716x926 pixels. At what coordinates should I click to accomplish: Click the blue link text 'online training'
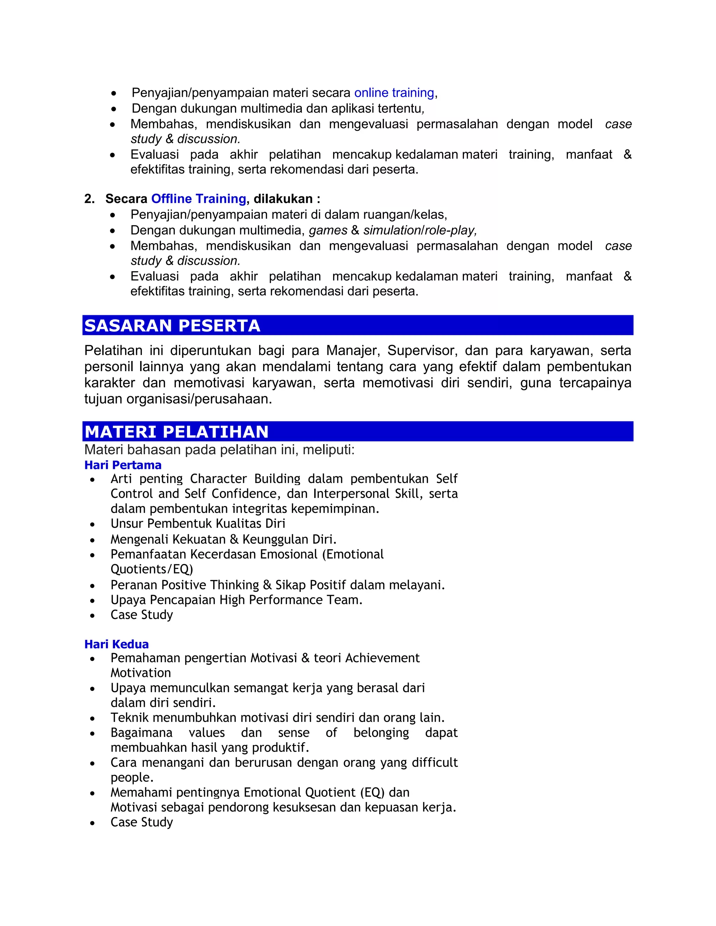coord(394,93)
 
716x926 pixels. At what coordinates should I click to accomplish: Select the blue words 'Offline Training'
coord(199,198)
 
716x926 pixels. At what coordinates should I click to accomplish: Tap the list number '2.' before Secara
coord(89,198)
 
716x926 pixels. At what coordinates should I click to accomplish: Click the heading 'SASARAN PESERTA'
coord(172,326)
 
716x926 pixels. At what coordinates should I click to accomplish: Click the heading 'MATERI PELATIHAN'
coord(177,432)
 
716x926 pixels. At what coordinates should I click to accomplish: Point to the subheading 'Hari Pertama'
coord(123,465)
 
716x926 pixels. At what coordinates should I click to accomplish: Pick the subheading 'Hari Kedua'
coord(117,644)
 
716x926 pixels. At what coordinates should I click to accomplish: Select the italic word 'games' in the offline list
coord(328,230)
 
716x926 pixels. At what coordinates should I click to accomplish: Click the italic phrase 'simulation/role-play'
coord(419,230)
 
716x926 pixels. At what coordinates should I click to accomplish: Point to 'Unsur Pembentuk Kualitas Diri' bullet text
coord(198,524)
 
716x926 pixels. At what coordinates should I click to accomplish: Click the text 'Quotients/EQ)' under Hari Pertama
coord(152,569)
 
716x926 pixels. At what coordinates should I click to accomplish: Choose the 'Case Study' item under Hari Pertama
coord(142,615)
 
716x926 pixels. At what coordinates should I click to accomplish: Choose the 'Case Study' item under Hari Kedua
coord(142,822)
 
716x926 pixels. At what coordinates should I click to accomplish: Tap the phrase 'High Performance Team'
coord(290,600)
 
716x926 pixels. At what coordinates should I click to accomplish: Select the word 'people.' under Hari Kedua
coord(132,777)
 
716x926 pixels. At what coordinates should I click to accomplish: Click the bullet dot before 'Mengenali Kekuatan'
coord(92,540)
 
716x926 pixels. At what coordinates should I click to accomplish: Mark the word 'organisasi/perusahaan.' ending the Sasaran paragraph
coord(199,399)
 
